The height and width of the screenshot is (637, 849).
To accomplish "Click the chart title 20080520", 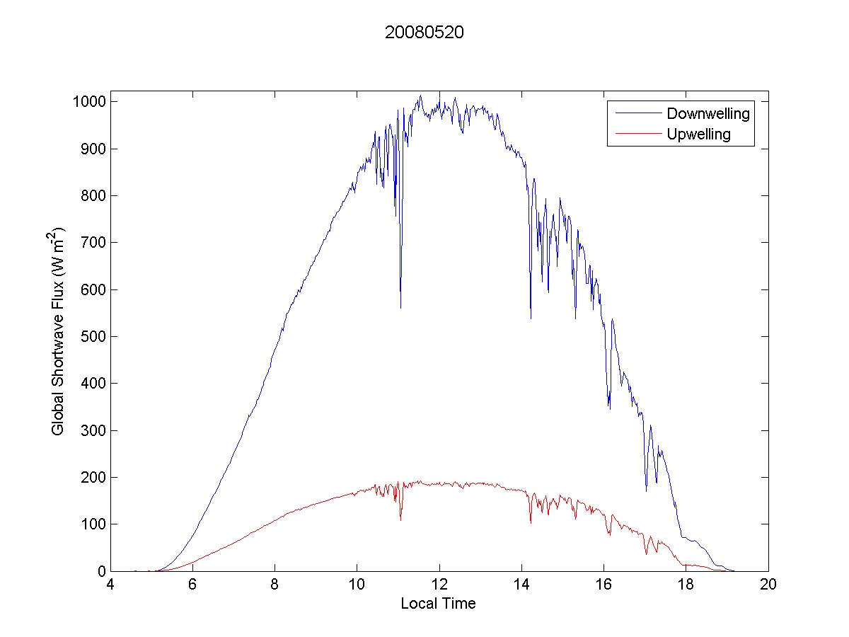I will (424, 33).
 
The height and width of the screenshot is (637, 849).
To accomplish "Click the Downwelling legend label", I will (707, 113).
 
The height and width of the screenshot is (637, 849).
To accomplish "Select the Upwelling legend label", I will (699, 134).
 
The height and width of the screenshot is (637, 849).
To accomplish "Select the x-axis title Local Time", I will (438, 604).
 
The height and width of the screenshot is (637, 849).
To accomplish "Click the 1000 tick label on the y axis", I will (88, 102).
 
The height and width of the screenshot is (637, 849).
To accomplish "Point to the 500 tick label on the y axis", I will (92, 336).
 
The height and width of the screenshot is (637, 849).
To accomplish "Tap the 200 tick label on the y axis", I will (92, 477).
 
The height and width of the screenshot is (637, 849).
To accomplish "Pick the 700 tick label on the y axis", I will (92, 243).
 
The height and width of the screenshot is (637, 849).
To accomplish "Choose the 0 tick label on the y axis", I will (101, 570).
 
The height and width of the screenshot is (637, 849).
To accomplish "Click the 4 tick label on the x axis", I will (110, 585).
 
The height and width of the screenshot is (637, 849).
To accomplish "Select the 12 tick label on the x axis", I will (439, 585).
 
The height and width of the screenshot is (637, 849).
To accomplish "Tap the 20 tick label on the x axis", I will (768, 585).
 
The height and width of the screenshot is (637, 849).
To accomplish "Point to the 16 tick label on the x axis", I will (603, 585).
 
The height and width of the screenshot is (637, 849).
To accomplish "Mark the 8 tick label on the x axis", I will (275, 585).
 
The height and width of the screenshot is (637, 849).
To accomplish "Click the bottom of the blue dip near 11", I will (400, 308).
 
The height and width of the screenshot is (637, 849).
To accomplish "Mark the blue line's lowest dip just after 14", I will (531, 318).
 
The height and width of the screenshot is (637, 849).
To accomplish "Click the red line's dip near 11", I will (400, 520).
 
